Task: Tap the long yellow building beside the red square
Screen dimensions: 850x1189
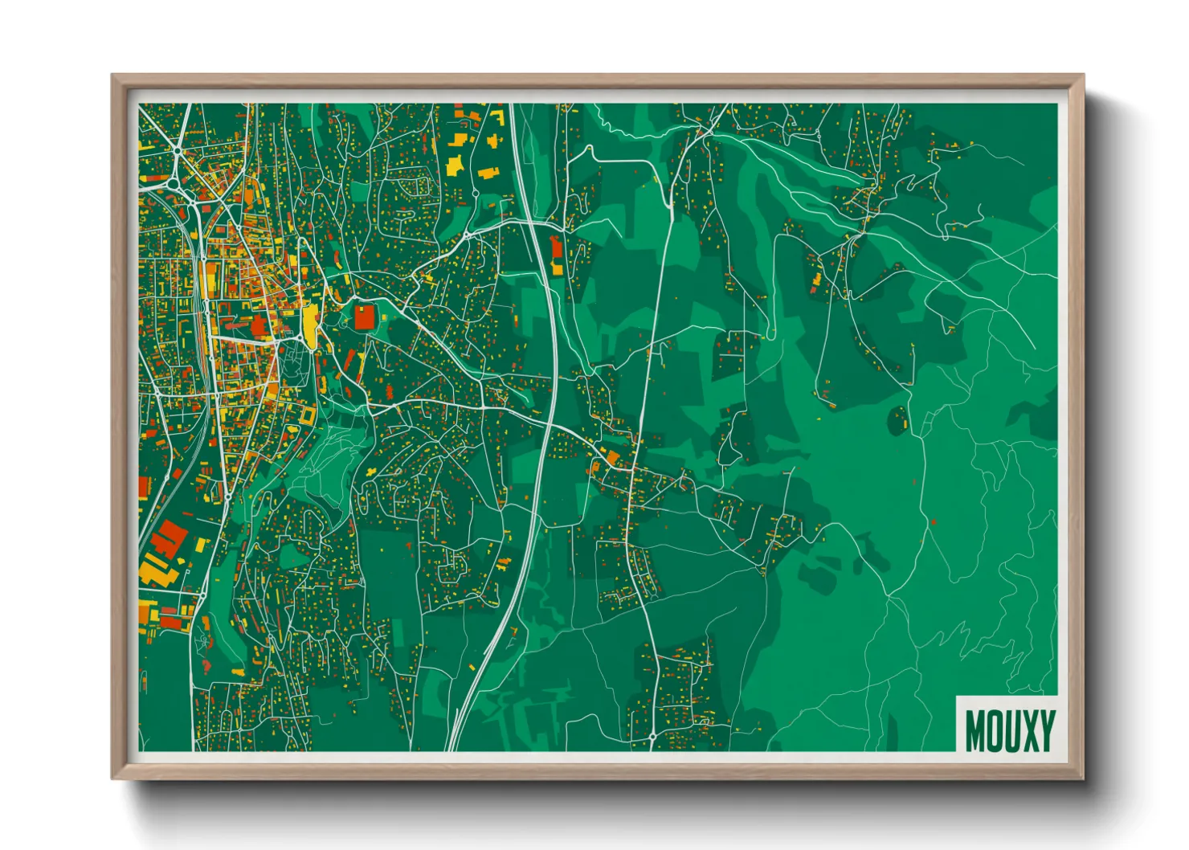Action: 309,323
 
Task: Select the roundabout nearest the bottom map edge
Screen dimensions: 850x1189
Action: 652,736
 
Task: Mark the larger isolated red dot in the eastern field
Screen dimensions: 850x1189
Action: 934,522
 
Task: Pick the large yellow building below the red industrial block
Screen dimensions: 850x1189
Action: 154,571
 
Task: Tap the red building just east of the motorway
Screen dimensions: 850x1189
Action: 557,253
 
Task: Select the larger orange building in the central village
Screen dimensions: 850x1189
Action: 613,459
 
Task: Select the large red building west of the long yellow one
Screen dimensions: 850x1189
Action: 259,326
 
